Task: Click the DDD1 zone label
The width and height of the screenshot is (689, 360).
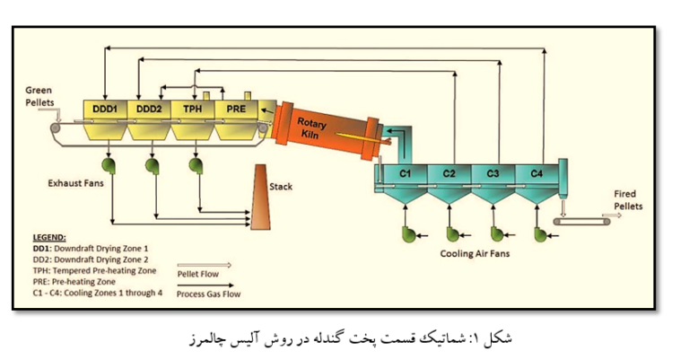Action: coord(106,109)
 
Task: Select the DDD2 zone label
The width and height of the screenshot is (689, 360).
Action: coord(149,109)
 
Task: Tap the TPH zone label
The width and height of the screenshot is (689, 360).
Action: coord(193,109)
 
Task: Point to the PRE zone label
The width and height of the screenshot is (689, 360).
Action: coord(236,109)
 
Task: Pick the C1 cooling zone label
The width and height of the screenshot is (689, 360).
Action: coord(405,171)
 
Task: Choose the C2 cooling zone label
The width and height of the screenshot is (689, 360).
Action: coord(449,171)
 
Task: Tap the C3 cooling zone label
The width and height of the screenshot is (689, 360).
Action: coord(493,171)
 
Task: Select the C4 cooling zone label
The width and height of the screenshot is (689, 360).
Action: coord(536,171)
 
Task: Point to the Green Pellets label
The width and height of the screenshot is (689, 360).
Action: coord(39,96)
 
